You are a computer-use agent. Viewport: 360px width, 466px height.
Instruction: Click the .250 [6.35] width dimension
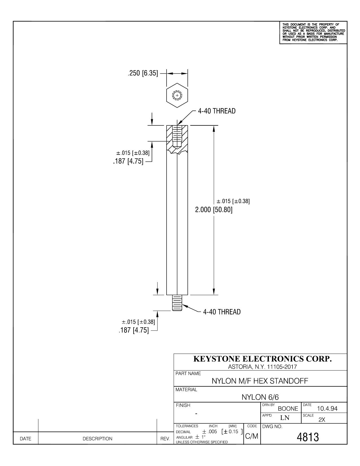coord(143,73)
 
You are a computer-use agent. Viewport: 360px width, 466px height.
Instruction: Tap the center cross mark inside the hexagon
coord(177,95)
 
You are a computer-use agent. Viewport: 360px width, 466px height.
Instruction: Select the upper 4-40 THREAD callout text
coord(217,111)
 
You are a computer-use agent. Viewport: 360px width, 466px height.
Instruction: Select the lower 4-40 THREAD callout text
coord(222,312)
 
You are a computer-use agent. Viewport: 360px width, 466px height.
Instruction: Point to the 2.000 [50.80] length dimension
coord(213,210)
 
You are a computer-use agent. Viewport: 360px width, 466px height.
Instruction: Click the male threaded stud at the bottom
coord(177,303)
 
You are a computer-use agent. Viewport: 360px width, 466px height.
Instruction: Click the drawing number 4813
coord(308,437)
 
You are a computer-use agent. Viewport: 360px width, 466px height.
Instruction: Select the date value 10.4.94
coord(327,409)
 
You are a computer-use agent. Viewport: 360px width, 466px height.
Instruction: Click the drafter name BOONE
coord(288,409)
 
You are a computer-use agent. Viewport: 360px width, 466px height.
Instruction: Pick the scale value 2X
coord(322,420)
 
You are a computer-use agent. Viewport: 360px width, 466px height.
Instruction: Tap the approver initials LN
coord(285,418)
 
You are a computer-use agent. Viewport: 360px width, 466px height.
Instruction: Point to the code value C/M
coord(252,436)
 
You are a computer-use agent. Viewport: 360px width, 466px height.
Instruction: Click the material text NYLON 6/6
coord(260,397)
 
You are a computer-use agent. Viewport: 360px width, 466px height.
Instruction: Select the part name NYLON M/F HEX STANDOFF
coord(260,381)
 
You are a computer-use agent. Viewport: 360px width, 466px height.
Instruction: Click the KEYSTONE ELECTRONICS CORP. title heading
coord(263,359)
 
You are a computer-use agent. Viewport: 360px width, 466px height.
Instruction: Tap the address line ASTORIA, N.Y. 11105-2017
coord(262,367)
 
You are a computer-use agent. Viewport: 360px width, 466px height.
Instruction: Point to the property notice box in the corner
coord(313,32)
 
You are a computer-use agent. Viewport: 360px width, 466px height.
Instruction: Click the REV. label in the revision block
coord(165,439)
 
